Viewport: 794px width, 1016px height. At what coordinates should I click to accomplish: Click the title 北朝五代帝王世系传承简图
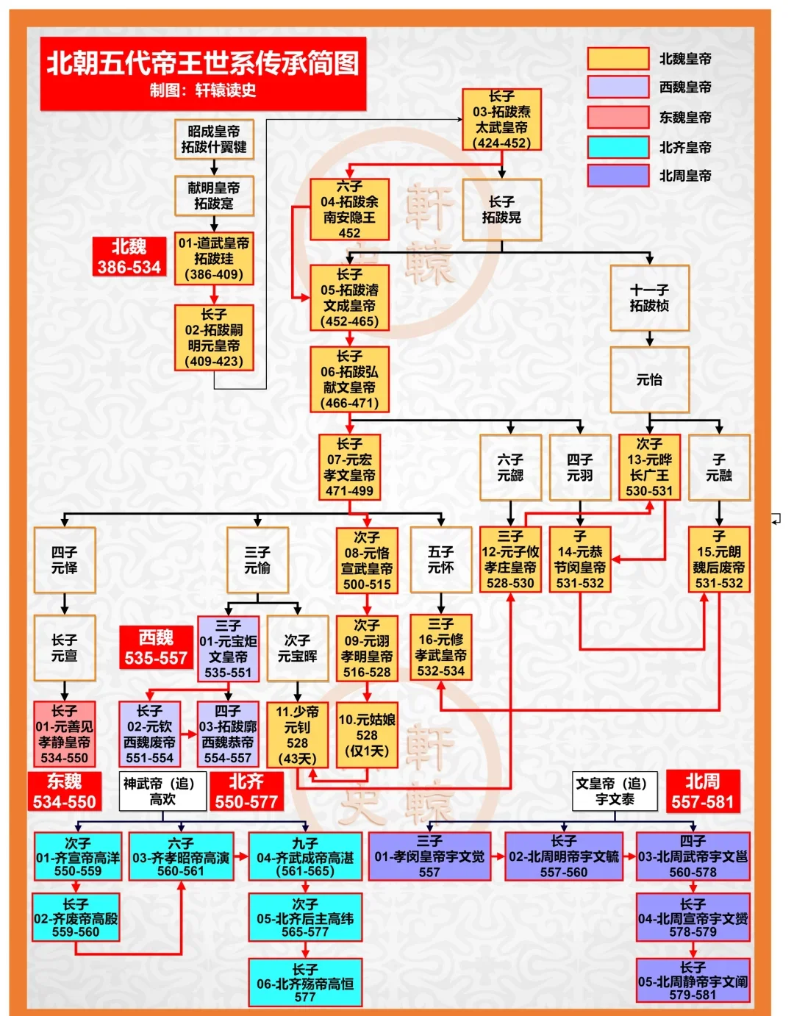(203, 64)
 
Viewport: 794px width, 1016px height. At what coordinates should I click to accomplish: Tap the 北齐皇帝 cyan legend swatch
(618, 147)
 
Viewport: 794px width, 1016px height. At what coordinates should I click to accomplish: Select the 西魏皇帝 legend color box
(618, 87)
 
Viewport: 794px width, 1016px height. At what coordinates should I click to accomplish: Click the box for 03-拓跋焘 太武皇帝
(501, 119)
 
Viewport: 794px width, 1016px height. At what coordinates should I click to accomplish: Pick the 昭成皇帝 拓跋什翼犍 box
(214, 139)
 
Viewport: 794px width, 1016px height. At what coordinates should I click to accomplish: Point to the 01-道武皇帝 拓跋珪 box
(214, 259)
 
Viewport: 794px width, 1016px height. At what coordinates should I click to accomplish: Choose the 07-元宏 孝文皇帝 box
(349, 468)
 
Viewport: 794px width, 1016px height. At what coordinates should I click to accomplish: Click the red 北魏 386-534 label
(129, 257)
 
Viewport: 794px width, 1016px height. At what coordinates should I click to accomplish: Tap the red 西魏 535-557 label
(156, 648)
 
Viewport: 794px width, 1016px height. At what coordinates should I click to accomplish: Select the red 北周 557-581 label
(702, 791)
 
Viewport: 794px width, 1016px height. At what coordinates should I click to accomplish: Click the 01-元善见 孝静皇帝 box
(65, 734)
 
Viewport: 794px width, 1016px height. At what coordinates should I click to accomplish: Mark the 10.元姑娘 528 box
(367, 734)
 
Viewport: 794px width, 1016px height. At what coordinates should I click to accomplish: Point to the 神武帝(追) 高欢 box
(162, 791)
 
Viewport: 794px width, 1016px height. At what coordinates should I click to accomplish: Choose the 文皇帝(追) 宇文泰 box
(615, 791)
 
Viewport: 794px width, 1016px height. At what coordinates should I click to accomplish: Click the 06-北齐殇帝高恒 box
(305, 983)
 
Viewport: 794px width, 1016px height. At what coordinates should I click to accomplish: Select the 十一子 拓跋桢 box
(649, 298)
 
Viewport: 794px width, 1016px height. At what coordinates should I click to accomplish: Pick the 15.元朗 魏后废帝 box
(718, 559)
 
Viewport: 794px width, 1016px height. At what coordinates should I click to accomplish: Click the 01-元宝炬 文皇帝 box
(228, 649)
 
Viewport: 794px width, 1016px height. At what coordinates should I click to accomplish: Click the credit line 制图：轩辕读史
(203, 90)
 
